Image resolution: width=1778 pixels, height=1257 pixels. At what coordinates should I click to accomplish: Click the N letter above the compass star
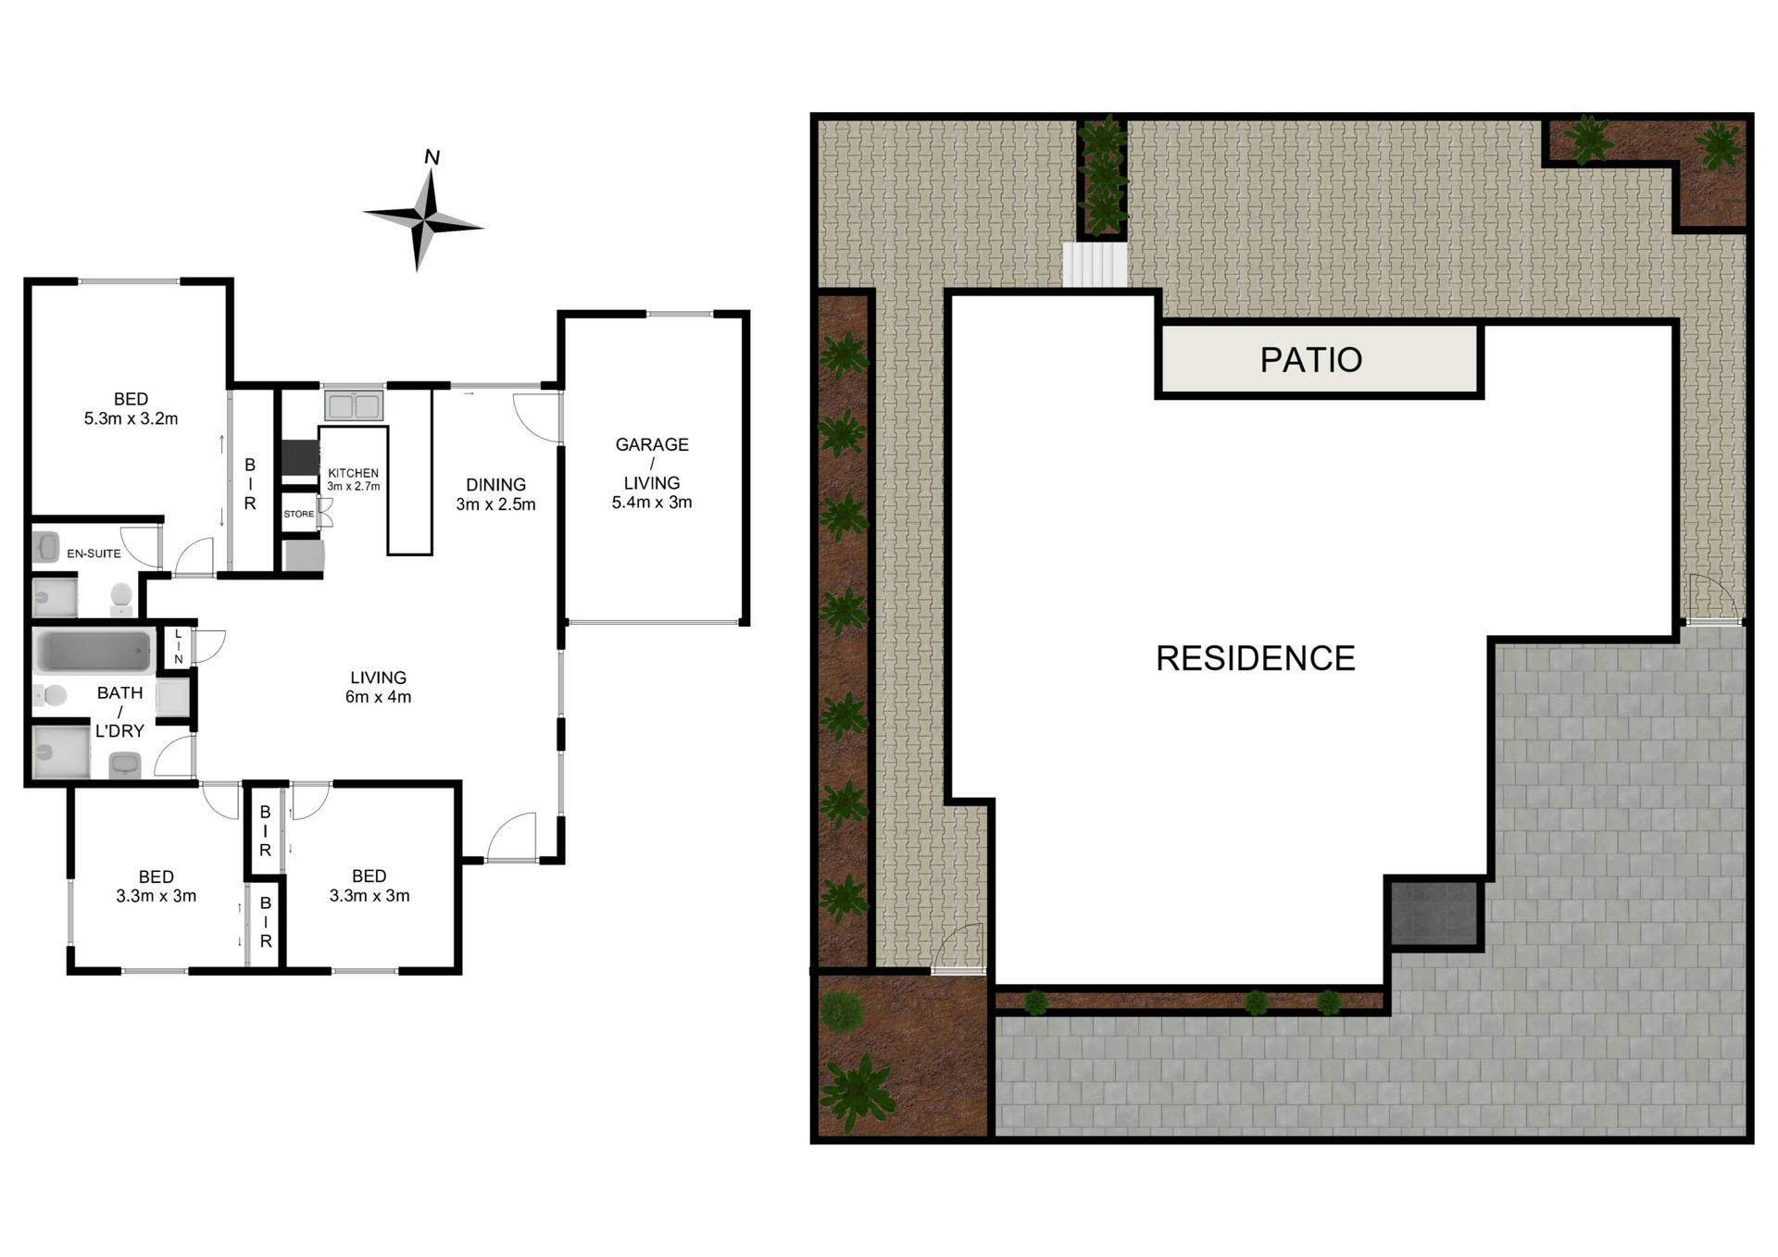[432, 157]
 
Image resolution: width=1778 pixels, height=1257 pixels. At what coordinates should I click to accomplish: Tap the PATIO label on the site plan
[1310, 360]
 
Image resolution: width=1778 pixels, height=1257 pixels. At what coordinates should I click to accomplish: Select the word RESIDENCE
[1255, 658]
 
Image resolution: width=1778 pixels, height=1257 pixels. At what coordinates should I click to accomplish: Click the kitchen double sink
[353, 405]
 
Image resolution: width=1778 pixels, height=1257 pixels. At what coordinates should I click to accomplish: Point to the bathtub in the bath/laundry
[94, 652]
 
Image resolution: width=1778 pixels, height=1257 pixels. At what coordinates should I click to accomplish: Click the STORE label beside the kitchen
[298, 515]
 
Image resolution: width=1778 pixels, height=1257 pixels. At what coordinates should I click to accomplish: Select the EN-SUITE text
[94, 554]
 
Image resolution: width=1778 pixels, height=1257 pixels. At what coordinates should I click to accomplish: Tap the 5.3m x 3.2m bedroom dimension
[131, 418]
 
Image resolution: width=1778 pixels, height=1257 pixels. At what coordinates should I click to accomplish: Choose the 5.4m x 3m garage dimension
[651, 503]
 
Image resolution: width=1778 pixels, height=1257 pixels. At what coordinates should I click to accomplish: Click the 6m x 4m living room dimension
[378, 697]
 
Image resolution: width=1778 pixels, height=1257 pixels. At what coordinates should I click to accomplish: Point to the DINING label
[495, 485]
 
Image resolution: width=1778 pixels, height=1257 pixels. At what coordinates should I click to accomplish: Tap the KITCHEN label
[353, 473]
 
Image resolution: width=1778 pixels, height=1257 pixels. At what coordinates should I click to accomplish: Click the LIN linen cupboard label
[178, 646]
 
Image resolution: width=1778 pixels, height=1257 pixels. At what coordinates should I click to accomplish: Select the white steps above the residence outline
[1095, 266]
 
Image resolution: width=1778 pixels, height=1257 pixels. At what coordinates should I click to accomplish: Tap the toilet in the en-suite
[121, 599]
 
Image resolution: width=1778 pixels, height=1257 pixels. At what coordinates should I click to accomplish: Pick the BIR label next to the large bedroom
[250, 484]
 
